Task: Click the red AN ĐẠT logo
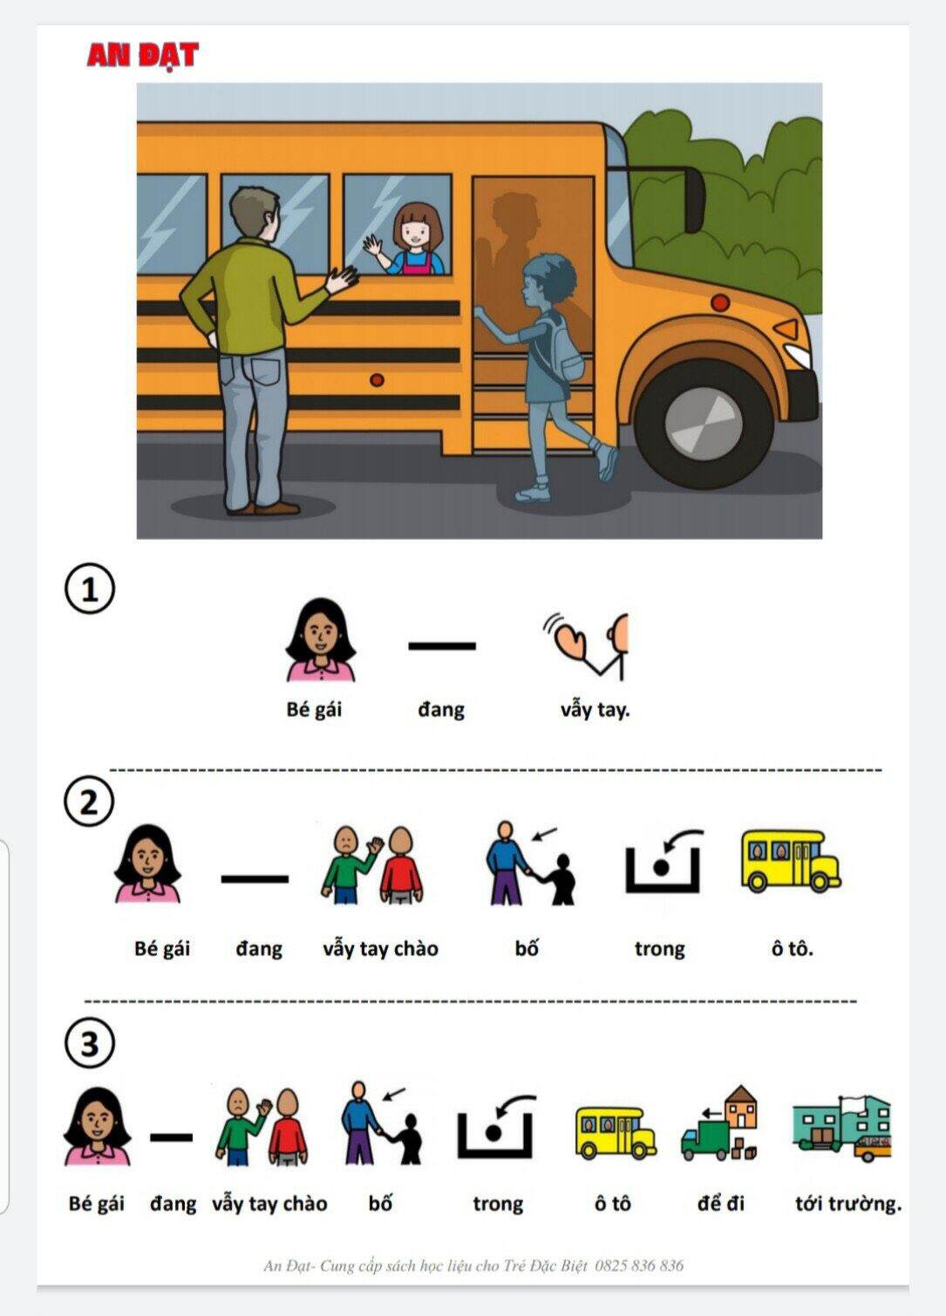pyautogui.click(x=143, y=56)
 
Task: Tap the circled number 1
pyautogui.click(x=89, y=589)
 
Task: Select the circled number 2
pyautogui.click(x=89, y=801)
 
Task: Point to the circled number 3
pyautogui.click(x=89, y=1044)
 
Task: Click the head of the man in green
pyautogui.click(x=254, y=214)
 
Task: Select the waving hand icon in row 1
pyautogui.click(x=585, y=645)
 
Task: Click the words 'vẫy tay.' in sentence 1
pyautogui.click(x=595, y=711)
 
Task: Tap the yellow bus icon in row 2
pyautogui.click(x=791, y=859)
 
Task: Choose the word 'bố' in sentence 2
pyautogui.click(x=527, y=948)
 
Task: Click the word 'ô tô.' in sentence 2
pyautogui.click(x=793, y=948)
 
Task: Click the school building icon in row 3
pyautogui.click(x=841, y=1128)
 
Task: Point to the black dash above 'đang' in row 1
pyautogui.click(x=442, y=645)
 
